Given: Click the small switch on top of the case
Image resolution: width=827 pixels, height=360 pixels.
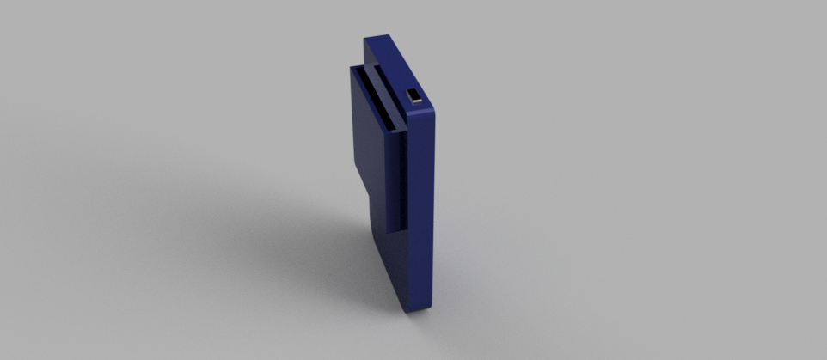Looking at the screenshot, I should click(414, 95).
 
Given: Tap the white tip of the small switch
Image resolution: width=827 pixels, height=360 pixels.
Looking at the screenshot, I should click(416, 100).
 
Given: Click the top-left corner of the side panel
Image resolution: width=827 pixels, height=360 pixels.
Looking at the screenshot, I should click(352, 69).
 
